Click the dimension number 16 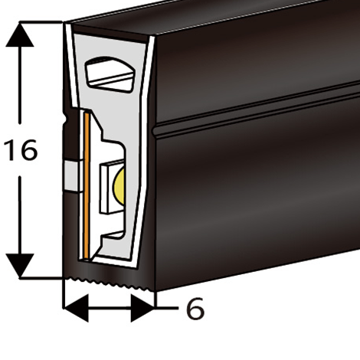click(21, 150)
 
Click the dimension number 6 click(195, 309)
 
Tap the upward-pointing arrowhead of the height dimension click(20, 34)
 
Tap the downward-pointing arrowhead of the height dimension click(20, 265)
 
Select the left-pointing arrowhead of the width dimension click(76, 308)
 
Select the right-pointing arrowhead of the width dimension click(142, 308)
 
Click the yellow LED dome click(119, 186)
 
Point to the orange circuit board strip click(87, 185)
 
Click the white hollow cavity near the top click(110, 74)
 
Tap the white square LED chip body click(106, 188)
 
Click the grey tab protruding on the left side click(72, 176)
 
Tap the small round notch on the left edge click(65, 119)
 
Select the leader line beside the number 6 click(167, 309)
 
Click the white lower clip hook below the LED click(113, 235)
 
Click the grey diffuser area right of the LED click(133, 178)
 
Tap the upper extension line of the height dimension click(41, 22)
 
